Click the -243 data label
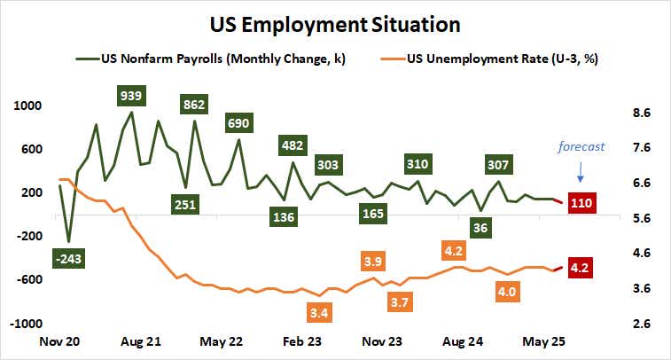(x=67, y=260)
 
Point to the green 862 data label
(x=193, y=104)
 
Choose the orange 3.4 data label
(x=320, y=312)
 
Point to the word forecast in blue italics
(x=581, y=147)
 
